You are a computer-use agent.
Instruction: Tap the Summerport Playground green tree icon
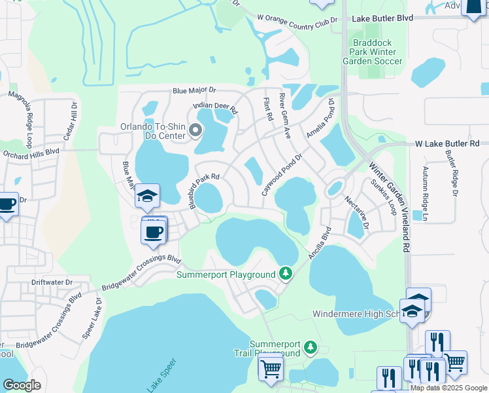pyautogui.click(x=284, y=273)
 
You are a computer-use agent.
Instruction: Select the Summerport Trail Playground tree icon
pyautogui.click(x=311, y=346)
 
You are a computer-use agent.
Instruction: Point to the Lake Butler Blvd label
pyautogui.click(x=382, y=19)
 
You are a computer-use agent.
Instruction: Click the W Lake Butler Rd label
pyautogui.click(x=447, y=143)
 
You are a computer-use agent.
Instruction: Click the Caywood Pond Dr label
pyautogui.click(x=282, y=170)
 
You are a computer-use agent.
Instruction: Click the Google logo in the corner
pyautogui.click(x=22, y=384)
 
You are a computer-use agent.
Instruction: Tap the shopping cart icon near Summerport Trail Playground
pyautogui.click(x=271, y=368)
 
